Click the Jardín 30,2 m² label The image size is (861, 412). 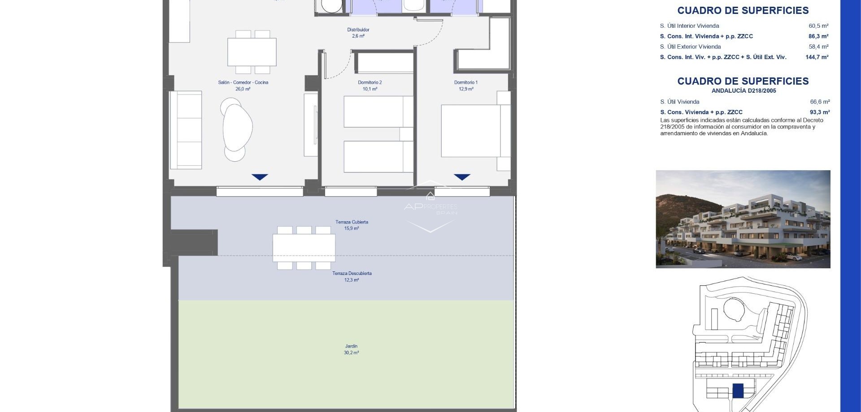[351, 349]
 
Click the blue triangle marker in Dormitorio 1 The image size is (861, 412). [462, 177]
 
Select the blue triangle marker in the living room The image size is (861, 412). [260, 177]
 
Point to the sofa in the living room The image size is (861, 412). [186, 130]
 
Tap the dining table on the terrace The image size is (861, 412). [304, 248]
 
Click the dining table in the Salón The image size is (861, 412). [252, 52]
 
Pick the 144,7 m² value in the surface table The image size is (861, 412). [817, 57]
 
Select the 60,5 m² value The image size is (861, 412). [818, 26]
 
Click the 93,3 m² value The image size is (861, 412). [820, 112]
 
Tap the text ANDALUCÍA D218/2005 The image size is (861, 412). [744, 90]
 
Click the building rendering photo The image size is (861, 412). [743, 219]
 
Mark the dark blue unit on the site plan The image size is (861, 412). [738, 391]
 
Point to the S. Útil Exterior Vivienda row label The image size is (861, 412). [690, 47]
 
